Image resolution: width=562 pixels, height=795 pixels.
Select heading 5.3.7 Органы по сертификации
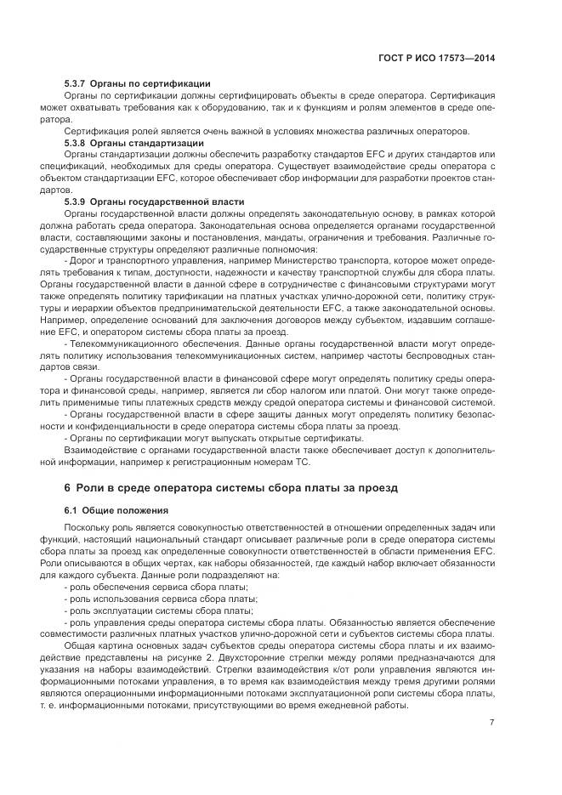pos(137,83)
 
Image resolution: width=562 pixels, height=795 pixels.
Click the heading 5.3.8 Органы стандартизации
pos(133,143)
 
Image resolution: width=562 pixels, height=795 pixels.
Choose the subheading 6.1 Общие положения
pos(116,509)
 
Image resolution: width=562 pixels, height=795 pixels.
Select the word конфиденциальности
pos(118,426)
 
